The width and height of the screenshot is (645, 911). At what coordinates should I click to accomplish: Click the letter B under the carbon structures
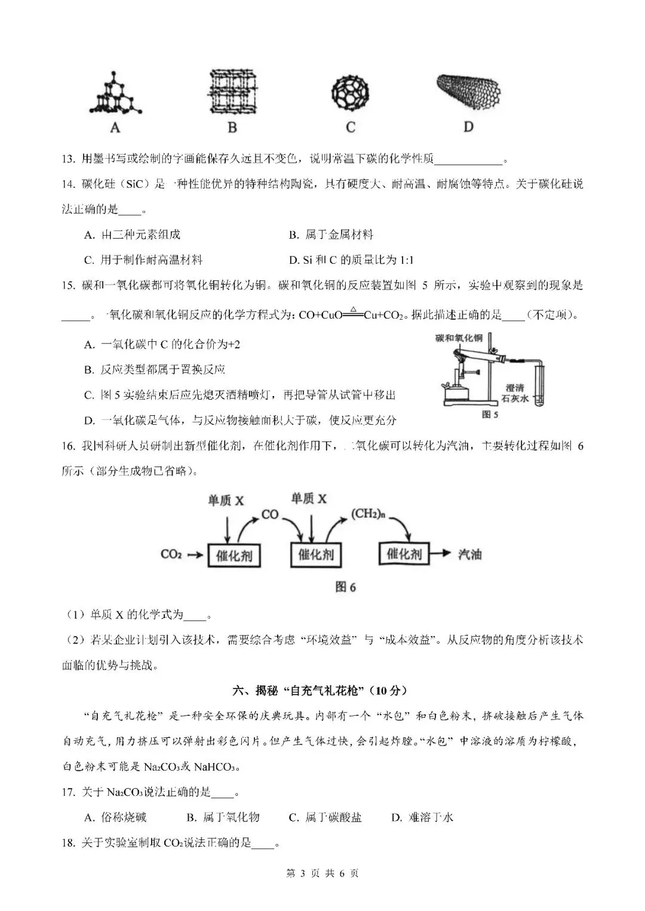[x=232, y=127]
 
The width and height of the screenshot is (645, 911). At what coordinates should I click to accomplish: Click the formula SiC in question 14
[x=131, y=184]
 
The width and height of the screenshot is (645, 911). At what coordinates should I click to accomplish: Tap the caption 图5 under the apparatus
[x=490, y=414]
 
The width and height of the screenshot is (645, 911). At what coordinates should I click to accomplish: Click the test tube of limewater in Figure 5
[x=539, y=382]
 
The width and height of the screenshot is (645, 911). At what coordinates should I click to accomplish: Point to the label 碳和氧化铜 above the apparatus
[x=459, y=338]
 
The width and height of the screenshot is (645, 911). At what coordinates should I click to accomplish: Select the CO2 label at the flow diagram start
[x=171, y=554]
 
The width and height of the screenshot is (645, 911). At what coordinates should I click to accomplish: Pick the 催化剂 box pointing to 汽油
[x=404, y=554]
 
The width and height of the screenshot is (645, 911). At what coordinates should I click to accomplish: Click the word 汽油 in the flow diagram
[x=469, y=554]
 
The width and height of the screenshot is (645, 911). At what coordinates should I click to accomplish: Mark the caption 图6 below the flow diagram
[x=345, y=587]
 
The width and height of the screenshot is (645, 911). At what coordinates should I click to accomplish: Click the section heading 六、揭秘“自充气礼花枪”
[x=322, y=690]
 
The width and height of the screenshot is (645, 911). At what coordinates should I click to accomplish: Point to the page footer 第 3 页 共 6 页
[x=322, y=873]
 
